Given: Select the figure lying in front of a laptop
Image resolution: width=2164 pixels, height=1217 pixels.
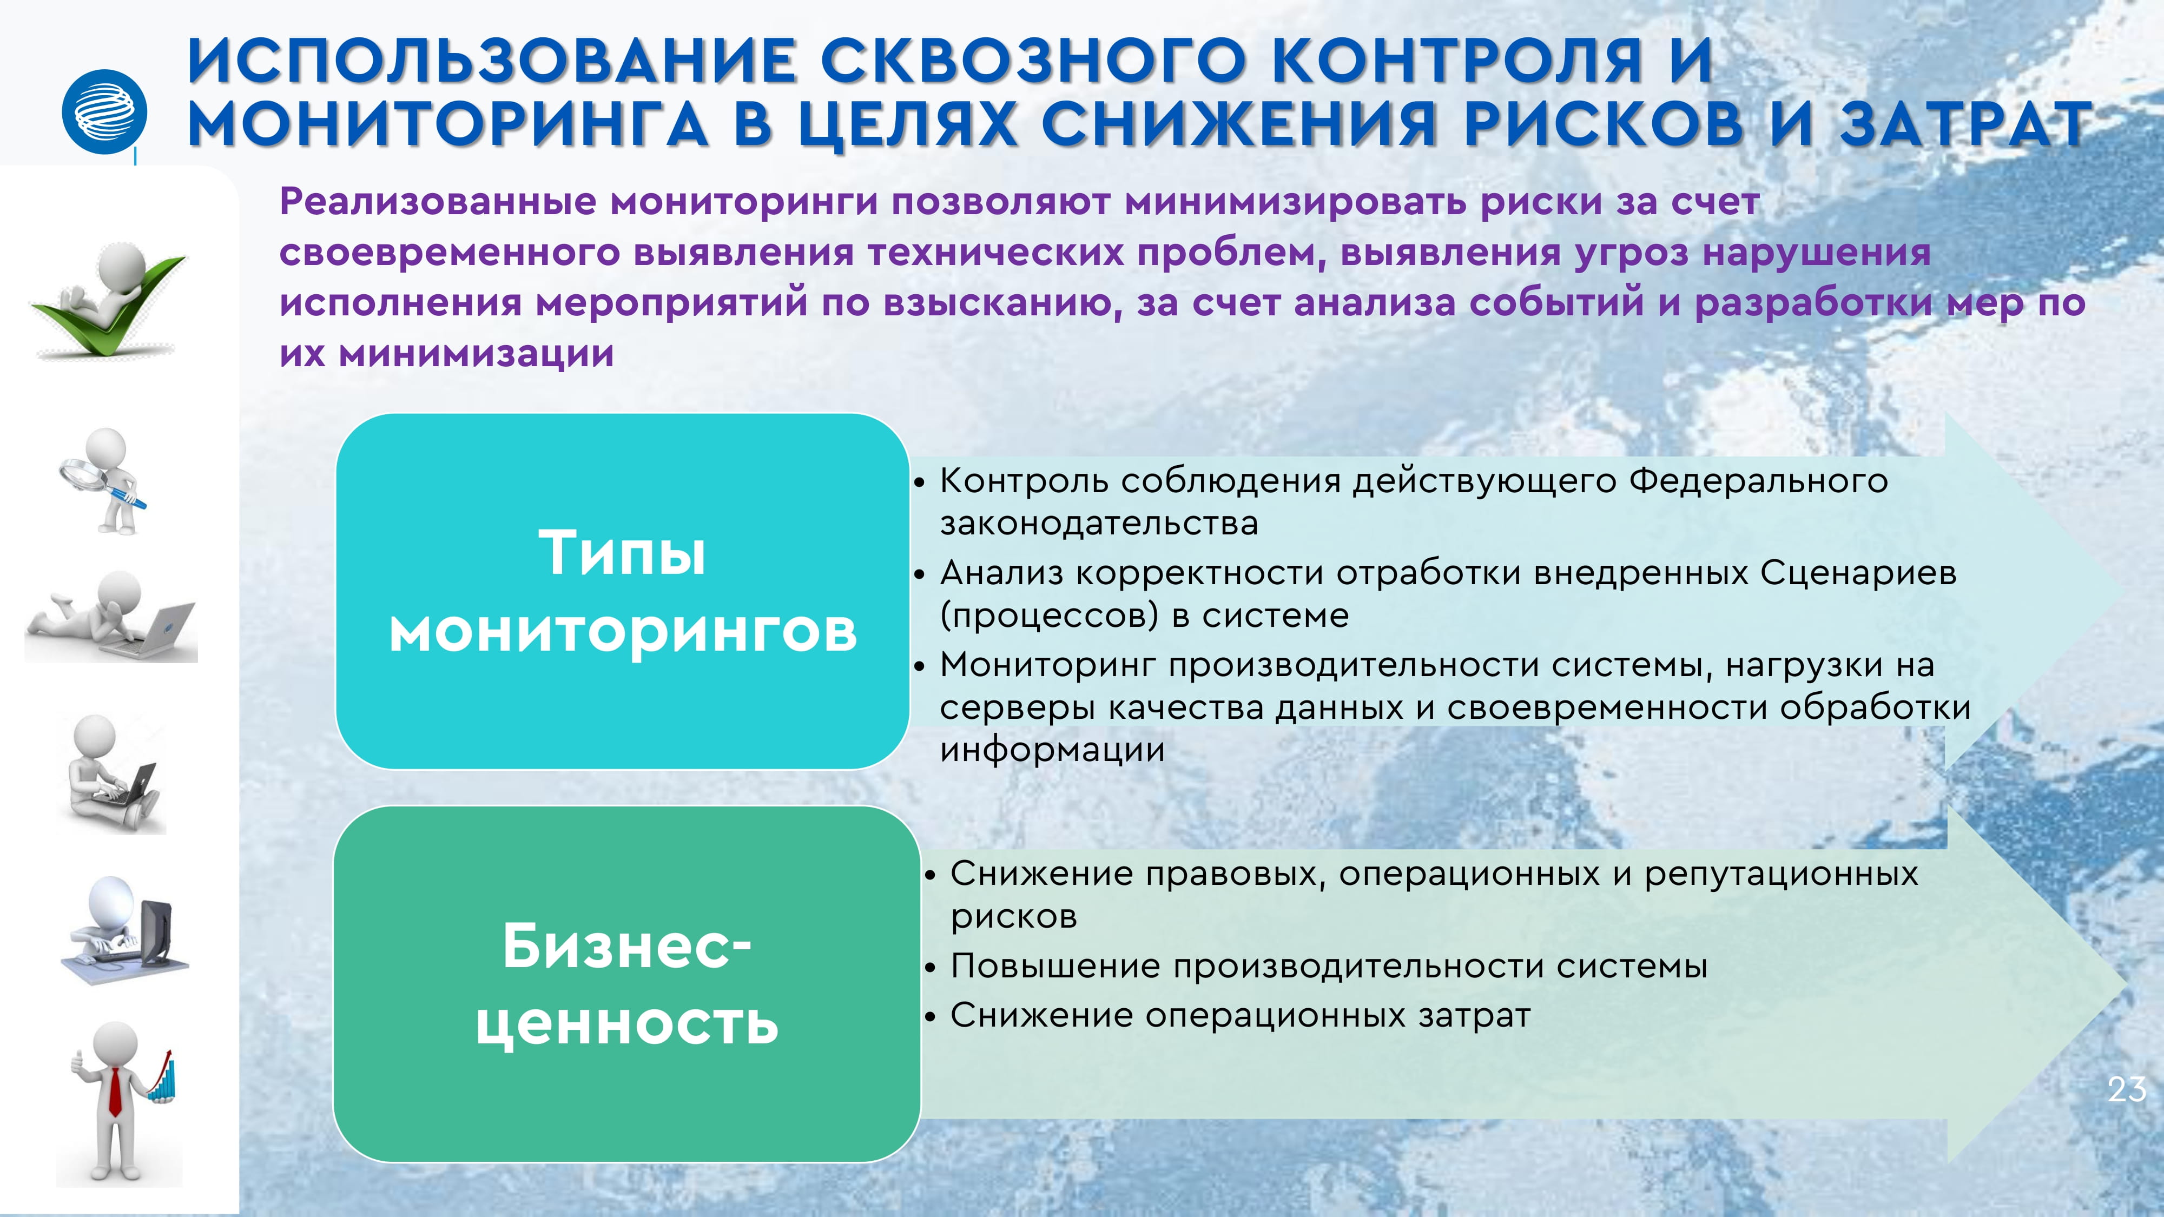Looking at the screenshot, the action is tap(110, 617).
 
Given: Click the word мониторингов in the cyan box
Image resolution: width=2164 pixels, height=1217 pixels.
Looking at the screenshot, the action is tap(623, 632).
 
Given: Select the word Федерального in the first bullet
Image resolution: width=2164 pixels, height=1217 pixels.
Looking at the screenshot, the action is tap(1758, 482).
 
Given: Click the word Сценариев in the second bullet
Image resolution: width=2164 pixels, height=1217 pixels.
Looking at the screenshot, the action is tap(1858, 574).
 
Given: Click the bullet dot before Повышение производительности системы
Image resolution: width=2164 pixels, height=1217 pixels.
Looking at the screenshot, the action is tap(930, 968).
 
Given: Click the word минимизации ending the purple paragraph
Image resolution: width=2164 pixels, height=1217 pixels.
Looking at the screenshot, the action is tap(476, 354).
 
